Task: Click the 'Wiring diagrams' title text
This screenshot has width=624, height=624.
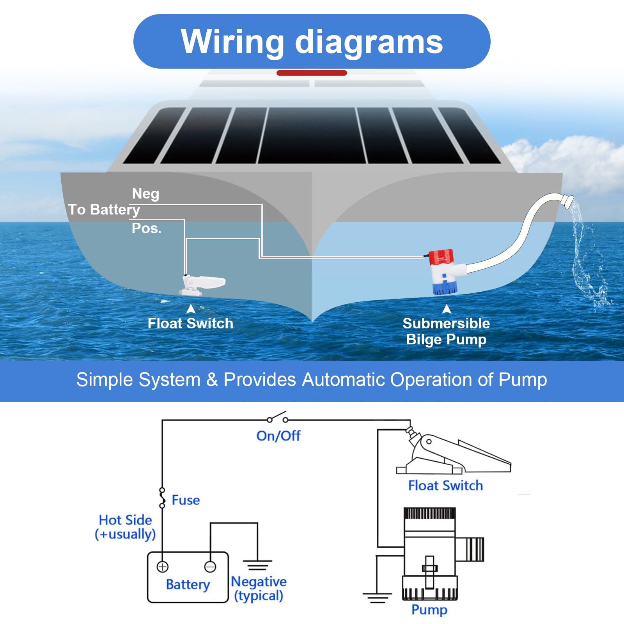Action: [x=312, y=42]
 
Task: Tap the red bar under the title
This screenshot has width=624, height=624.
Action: [x=312, y=73]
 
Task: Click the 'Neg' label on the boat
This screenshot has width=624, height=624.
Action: [x=145, y=194]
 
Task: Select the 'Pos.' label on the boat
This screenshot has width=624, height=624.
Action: [x=146, y=228]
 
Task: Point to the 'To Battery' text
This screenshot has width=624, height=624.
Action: [x=104, y=210]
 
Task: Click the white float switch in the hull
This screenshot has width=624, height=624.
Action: [x=202, y=285]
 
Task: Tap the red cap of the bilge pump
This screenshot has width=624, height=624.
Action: [x=441, y=258]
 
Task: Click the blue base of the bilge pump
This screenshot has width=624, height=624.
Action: [x=445, y=287]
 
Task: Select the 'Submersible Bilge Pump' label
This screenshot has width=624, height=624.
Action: [x=446, y=331]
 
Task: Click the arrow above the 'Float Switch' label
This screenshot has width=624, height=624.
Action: [x=191, y=309]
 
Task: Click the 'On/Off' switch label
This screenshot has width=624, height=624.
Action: [x=278, y=436]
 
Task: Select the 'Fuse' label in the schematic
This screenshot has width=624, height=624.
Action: [x=186, y=500]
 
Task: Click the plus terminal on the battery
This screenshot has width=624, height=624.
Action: [x=162, y=566]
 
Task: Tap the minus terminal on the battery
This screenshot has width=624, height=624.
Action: [x=210, y=566]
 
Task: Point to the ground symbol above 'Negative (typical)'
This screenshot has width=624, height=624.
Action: [x=257, y=565]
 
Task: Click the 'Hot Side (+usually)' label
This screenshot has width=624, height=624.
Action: [x=125, y=527]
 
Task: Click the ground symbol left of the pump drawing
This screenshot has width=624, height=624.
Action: [x=377, y=597]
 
